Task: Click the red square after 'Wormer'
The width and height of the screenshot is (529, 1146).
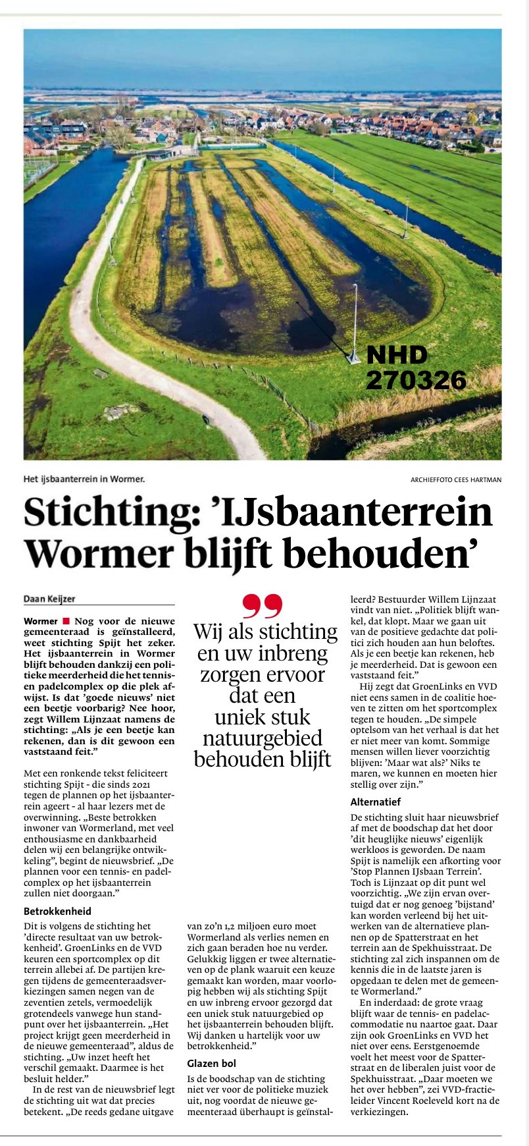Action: coord(66,621)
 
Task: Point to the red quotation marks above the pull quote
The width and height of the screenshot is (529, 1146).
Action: coord(262,605)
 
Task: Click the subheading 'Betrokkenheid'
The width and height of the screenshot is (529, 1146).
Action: coord(57,912)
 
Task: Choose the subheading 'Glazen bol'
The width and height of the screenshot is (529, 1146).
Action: coord(211,1063)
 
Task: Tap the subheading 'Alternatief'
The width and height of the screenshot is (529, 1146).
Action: coord(376,802)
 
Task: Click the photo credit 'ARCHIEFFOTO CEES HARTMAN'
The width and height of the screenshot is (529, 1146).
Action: coord(455,479)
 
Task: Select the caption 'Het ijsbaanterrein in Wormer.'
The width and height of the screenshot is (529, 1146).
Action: coord(84,479)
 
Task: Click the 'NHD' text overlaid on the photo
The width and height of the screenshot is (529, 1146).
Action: coord(397,356)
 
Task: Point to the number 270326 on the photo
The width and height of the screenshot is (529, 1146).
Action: coord(416,380)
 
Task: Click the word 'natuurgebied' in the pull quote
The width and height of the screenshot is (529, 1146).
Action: coord(263,738)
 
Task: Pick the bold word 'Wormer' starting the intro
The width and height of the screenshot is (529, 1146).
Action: coord(41,621)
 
